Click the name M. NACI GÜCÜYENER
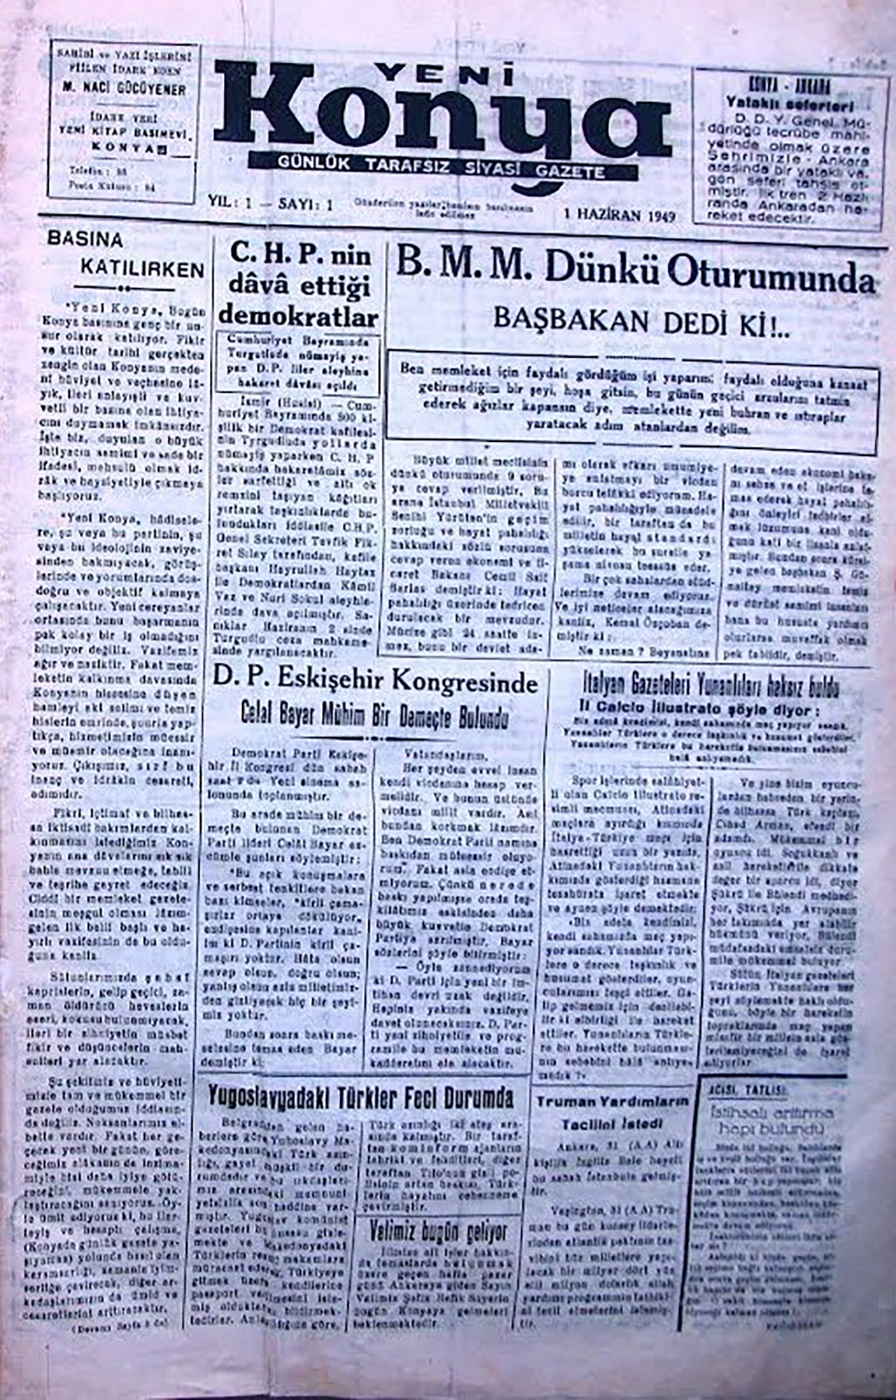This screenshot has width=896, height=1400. pos(122,90)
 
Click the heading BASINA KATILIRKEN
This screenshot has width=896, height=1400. pos(126,255)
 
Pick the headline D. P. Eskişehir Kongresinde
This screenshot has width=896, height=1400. pos(375,679)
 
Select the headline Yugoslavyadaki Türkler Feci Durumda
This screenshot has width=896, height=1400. pos(361,1097)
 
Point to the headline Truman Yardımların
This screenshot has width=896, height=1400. pos(612,1100)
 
